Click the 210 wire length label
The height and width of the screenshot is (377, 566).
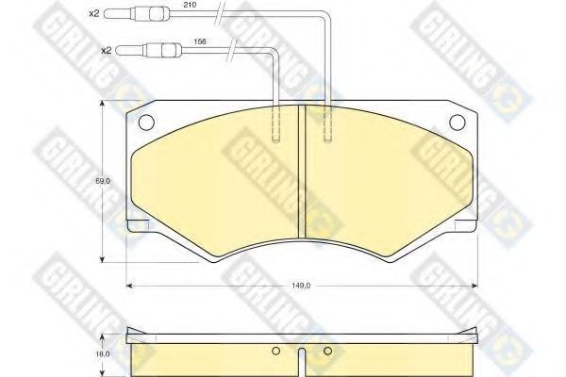click(x=190, y=5)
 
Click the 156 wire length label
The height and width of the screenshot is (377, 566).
click(x=200, y=41)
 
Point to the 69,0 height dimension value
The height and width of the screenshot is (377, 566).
click(x=103, y=181)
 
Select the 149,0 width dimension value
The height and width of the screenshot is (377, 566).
click(x=302, y=286)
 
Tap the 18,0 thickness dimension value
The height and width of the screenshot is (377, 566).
click(x=103, y=354)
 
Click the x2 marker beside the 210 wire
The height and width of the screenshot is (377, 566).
click(x=93, y=14)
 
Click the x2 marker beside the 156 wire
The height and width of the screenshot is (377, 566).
click(x=106, y=51)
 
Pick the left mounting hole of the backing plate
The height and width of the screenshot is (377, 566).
click(x=146, y=123)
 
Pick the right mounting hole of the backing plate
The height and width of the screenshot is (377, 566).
click(x=458, y=123)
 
